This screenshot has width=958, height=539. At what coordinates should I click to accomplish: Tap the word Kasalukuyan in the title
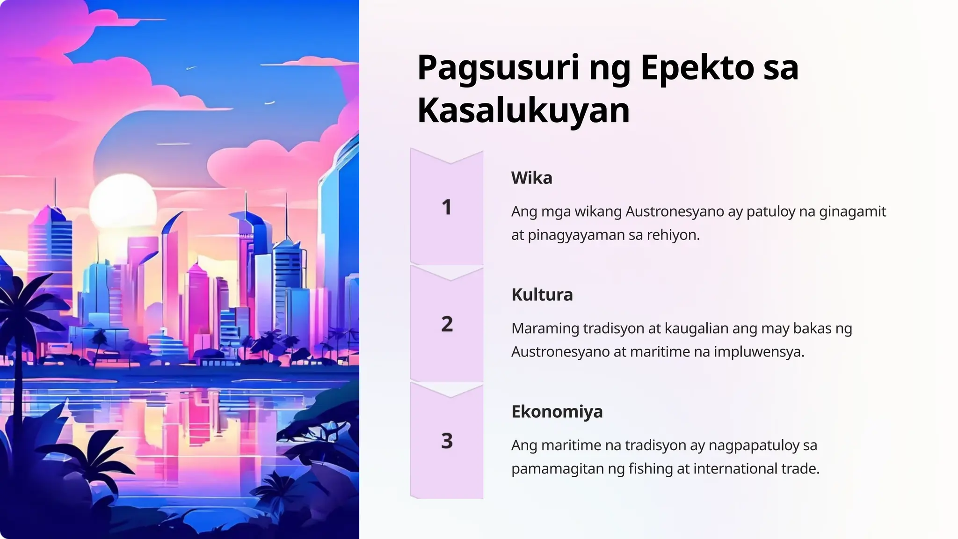(523, 111)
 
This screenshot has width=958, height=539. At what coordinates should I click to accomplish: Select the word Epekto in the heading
(697, 68)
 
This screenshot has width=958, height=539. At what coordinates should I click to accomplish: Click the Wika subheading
(531, 178)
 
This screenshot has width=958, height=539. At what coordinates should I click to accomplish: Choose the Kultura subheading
(542, 295)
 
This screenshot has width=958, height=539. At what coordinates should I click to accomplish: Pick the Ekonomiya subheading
(557, 412)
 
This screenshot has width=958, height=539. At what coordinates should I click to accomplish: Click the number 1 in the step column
(447, 207)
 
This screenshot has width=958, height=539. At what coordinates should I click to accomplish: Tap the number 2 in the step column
(447, 324)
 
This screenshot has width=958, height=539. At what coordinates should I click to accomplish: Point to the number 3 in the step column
(447, 441)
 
